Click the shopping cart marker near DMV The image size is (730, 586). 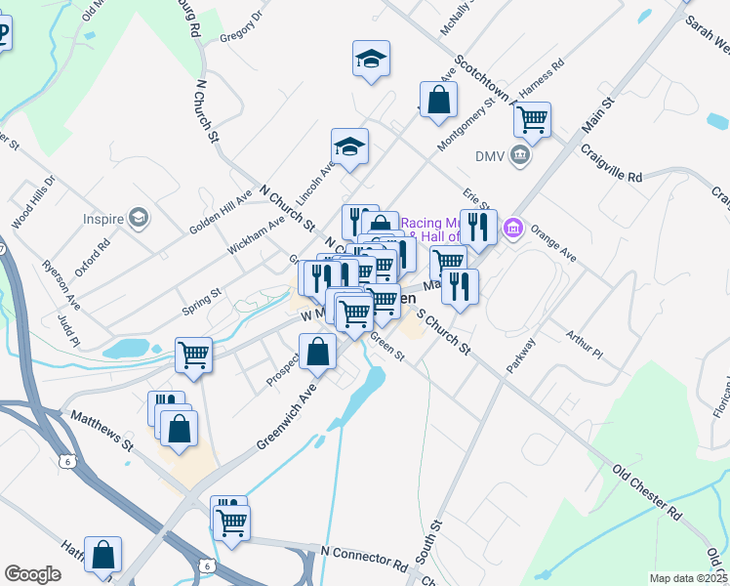[532, 120]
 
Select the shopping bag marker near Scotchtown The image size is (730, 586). [439, 100]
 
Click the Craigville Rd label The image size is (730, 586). [610, 164]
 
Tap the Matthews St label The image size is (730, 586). [101, 430]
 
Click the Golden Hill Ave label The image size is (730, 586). [221, 211]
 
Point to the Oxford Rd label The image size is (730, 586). [93, 257]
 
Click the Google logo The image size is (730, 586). [32, 574]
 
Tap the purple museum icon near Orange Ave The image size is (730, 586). [512, 230]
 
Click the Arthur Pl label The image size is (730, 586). [585, 341]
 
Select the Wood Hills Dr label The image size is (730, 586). [33, 203]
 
